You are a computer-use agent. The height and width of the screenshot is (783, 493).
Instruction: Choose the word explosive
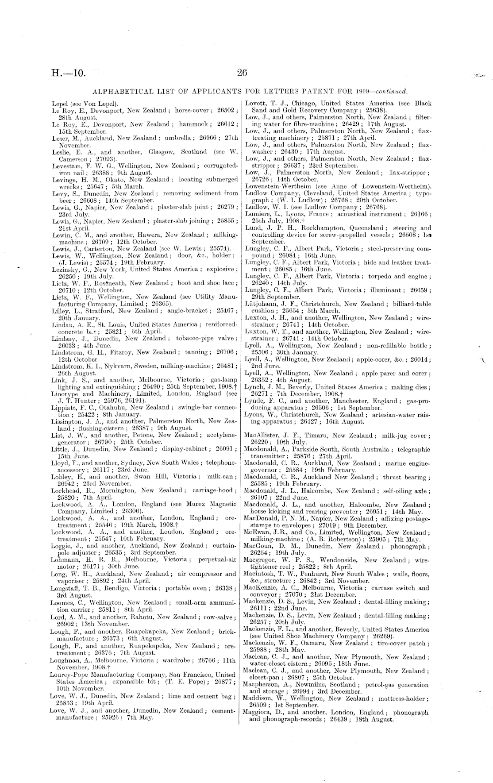point(217,269)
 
